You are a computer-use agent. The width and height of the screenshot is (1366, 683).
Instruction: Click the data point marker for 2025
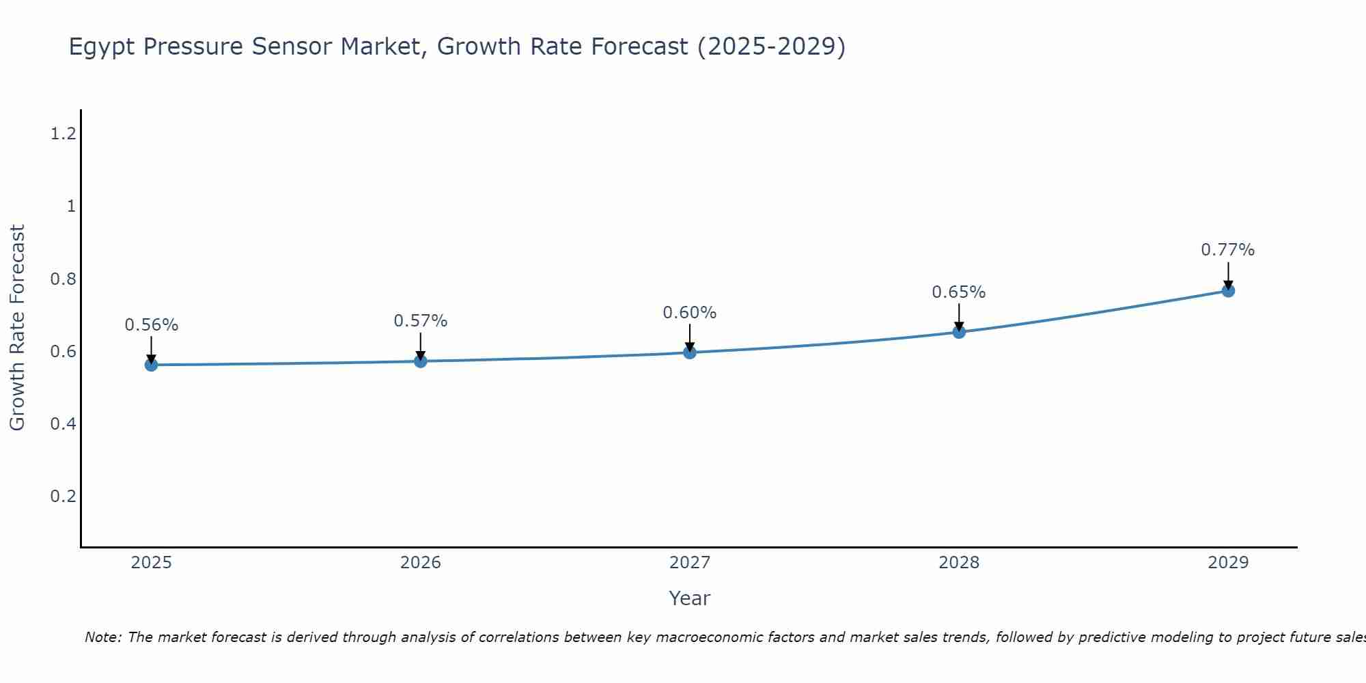(x=151, y=365)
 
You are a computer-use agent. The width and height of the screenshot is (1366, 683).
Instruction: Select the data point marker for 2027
(x=690, y=352)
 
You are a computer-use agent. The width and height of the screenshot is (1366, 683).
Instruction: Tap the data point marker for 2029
(x=1228, y=291)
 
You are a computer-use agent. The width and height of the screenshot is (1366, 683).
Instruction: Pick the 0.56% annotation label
(x=151, y=325)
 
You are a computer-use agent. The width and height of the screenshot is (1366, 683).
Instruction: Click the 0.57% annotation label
(x=420, y=321)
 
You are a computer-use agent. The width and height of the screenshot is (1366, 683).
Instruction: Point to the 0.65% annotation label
(x=958, y=292)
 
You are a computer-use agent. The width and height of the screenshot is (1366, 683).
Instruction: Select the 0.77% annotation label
(x=1227, y=250)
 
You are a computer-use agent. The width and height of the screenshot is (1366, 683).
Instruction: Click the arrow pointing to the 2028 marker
(x=959, y=318)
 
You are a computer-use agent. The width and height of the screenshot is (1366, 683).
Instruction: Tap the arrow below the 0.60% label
(x=690, y=337)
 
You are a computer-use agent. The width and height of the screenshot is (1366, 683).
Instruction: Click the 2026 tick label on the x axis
(x=420, y=563)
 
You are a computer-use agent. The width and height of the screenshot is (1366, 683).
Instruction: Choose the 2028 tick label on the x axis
(x=958, y=563)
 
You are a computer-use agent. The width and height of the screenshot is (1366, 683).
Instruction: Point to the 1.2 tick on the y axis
(x=63, y=134)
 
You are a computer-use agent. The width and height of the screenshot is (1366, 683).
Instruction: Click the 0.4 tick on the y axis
(x=63, y=424)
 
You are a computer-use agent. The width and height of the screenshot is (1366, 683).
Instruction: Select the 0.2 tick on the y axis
(x=63, y=497)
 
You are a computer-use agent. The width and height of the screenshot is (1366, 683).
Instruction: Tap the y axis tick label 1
(x=71, y=206)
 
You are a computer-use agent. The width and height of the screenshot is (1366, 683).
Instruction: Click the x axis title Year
(x=689, y=598)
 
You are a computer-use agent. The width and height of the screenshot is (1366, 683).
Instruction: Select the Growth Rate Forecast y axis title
(x=17, y=328)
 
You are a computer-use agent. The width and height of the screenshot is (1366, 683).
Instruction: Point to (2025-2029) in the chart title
(x=771, y=46)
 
